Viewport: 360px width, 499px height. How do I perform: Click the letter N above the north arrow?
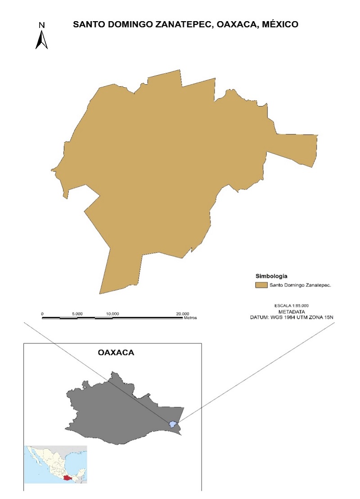pos(41,25)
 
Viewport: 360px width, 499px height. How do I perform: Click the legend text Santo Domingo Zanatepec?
pos(300,285)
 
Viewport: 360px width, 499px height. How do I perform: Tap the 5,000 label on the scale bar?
pos(77,313)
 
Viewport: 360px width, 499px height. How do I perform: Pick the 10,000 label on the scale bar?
pos(112,313)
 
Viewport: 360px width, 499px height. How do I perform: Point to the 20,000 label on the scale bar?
pos(182,313)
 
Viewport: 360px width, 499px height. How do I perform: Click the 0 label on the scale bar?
pos(42,313)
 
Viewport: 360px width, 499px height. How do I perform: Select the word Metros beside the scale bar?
pos(190,318)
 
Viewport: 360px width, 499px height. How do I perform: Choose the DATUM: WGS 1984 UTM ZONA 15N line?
pos(294,317)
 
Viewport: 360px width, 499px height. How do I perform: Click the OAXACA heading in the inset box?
pos(116,353)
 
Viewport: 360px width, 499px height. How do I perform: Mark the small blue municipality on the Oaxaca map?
pos(172,424)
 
